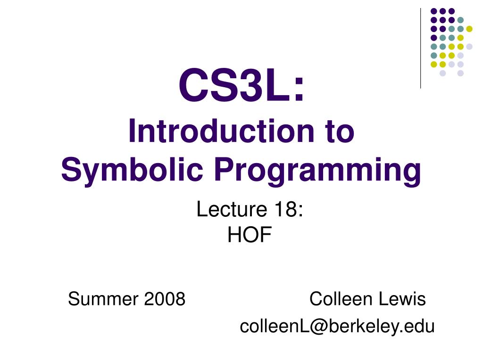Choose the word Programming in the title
point(318,170)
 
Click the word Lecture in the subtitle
point(232,209)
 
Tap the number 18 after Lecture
point(285,209)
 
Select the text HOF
point(250,235)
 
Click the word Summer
point(103,298)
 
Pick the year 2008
point(165,298)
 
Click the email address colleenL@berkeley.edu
point(337,326)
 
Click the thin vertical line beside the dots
point(420,49)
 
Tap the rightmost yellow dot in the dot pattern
point(469,29)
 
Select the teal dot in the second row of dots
point(460,20)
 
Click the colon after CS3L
point(299,89)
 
